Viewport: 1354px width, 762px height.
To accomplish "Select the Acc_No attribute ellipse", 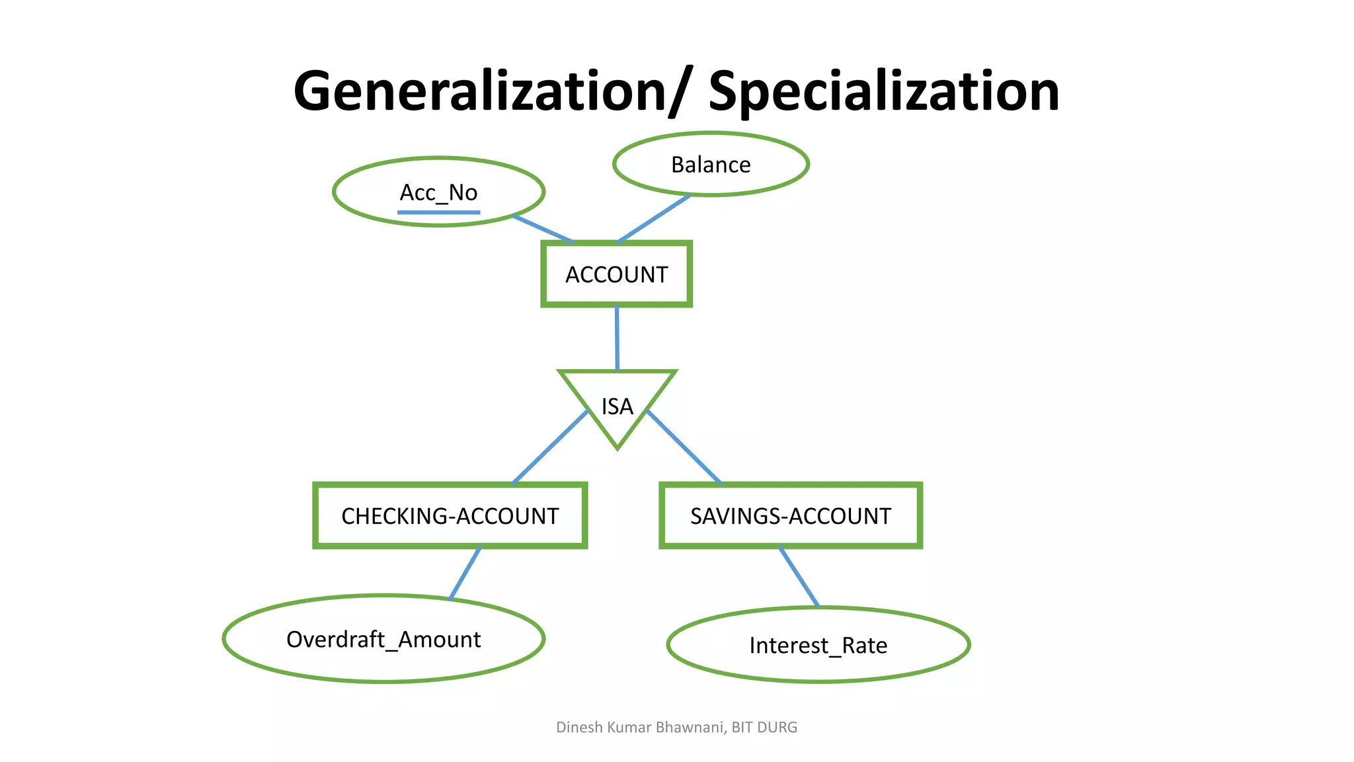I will tap(438, 192).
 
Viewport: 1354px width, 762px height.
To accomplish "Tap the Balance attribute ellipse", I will tap(711, 164).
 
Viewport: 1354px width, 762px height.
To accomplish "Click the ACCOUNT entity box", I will tap(616, 274).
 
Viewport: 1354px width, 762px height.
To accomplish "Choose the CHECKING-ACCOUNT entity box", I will tap(450, 516).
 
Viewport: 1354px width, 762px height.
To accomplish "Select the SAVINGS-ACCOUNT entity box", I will tap(790, 516).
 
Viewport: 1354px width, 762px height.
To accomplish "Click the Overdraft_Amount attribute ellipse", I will tap(383, 639).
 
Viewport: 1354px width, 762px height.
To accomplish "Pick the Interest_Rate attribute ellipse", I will tap(818, 645).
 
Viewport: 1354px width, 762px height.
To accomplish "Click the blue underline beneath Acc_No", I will tap(438, 212).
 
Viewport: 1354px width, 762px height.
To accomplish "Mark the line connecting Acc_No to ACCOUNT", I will tap(542, 229).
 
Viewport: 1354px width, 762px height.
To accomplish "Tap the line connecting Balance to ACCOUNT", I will tap(653, 219).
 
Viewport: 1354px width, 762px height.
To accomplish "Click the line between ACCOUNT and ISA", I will tap(617, 337).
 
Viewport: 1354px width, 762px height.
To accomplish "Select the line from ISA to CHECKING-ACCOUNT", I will tap(550, 447).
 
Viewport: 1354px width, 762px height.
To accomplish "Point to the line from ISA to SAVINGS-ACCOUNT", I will tap(684, 447).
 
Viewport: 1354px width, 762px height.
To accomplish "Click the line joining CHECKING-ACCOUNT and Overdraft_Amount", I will tap(465, 573).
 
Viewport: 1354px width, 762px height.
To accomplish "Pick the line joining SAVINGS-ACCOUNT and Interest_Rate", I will tap(799, 577).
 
